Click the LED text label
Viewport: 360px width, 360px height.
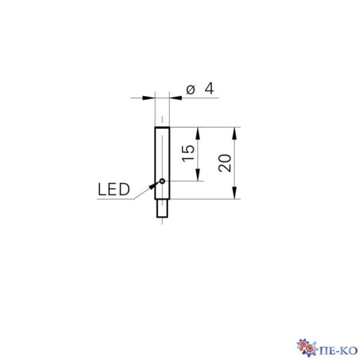click(114, 190)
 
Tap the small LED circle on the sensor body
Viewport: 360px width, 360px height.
click(162, 181)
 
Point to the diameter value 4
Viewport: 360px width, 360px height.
click(209, 89)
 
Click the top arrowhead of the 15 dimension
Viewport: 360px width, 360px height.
click(198, 132)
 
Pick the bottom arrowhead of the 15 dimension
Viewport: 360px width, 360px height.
click(198, 177)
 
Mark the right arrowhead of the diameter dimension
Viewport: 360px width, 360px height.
click(174, 97)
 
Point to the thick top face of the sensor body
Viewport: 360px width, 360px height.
click(162, 128)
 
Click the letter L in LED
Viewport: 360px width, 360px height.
click(103, 190)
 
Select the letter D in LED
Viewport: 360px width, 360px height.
click(124, 190)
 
